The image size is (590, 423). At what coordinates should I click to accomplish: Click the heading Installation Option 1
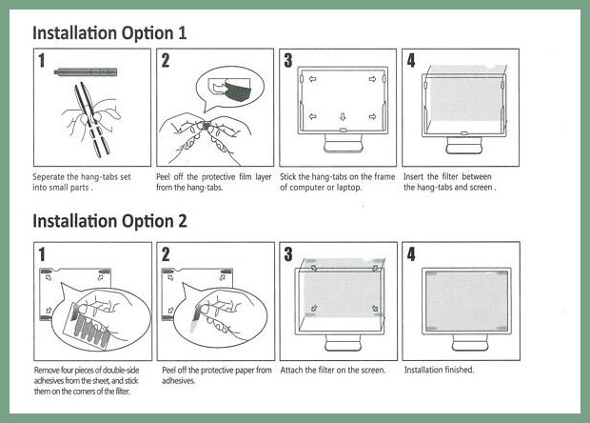tap(109, 33)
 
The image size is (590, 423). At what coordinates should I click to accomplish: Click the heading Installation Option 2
tap(109, 221)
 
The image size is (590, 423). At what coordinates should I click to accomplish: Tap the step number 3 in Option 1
tap(288, 60)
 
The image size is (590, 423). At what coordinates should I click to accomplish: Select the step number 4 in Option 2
tap(411, 253)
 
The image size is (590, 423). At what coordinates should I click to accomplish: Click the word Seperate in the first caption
tap(49, 177)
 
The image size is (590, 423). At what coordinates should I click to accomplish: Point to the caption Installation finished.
tap(439, 370)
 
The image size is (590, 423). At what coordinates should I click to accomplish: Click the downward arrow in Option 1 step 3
tap(343, 117)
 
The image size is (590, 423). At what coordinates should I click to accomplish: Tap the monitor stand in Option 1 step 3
tap(344, 144)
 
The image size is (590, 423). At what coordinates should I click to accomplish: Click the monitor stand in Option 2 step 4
tap(470, 343)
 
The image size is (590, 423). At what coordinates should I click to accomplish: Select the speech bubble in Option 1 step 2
tap(230, 90)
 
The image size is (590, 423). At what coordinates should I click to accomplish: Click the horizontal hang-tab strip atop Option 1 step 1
tap(86, 72)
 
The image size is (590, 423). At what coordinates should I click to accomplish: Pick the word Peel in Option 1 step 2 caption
tap(164, 176)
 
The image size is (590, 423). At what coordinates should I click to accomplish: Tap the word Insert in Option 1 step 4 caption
tap(414, 176)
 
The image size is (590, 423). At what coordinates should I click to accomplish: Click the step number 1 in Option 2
tap(42, 254)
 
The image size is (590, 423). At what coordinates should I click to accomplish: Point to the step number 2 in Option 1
tap(166, 61)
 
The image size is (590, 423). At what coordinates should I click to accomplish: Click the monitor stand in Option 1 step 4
tap(464, 146)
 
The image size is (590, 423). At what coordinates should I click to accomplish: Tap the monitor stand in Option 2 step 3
tap(344, 343)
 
